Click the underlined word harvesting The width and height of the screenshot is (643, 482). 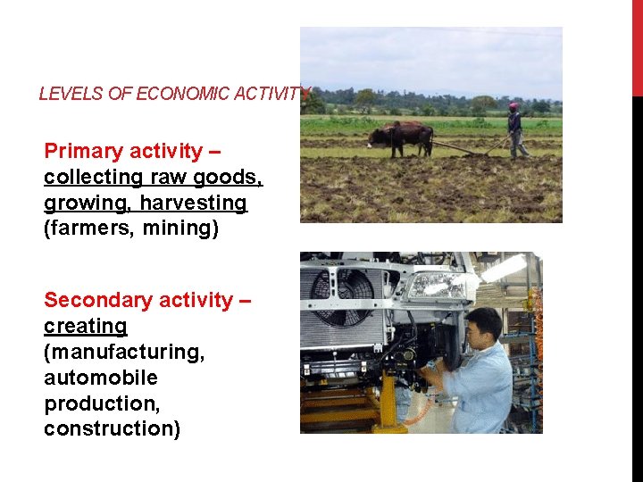tap(191, 203)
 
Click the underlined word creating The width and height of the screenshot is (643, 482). tap(86, 326)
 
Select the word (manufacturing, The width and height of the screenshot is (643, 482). tap(124, 352)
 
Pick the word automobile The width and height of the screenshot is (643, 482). tap(101, 378)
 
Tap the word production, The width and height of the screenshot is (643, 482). tap(102, 403)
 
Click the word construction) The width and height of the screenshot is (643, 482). tap(112, 429)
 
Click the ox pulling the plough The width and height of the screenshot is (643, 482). tap(401, 137)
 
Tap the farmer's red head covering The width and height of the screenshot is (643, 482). tap(514, 106)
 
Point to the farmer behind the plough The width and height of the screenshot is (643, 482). tap(515, 129)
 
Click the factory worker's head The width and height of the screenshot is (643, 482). tap(484, 326)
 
